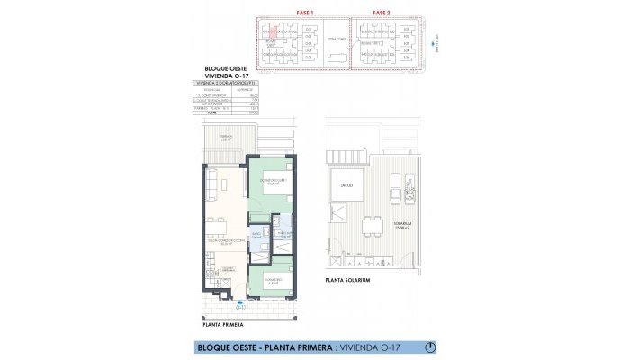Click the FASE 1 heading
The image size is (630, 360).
304,13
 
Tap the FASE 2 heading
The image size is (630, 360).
382,13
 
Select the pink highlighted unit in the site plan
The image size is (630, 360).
266,30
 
